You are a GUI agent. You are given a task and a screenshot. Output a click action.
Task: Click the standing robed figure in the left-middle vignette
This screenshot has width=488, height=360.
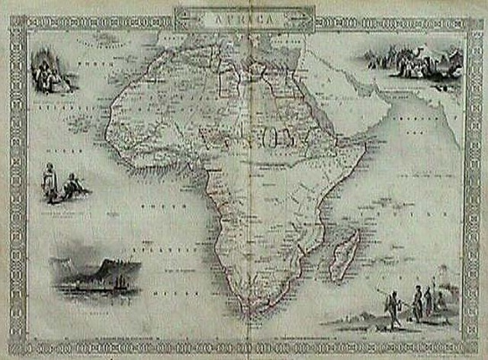click(50, 183)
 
